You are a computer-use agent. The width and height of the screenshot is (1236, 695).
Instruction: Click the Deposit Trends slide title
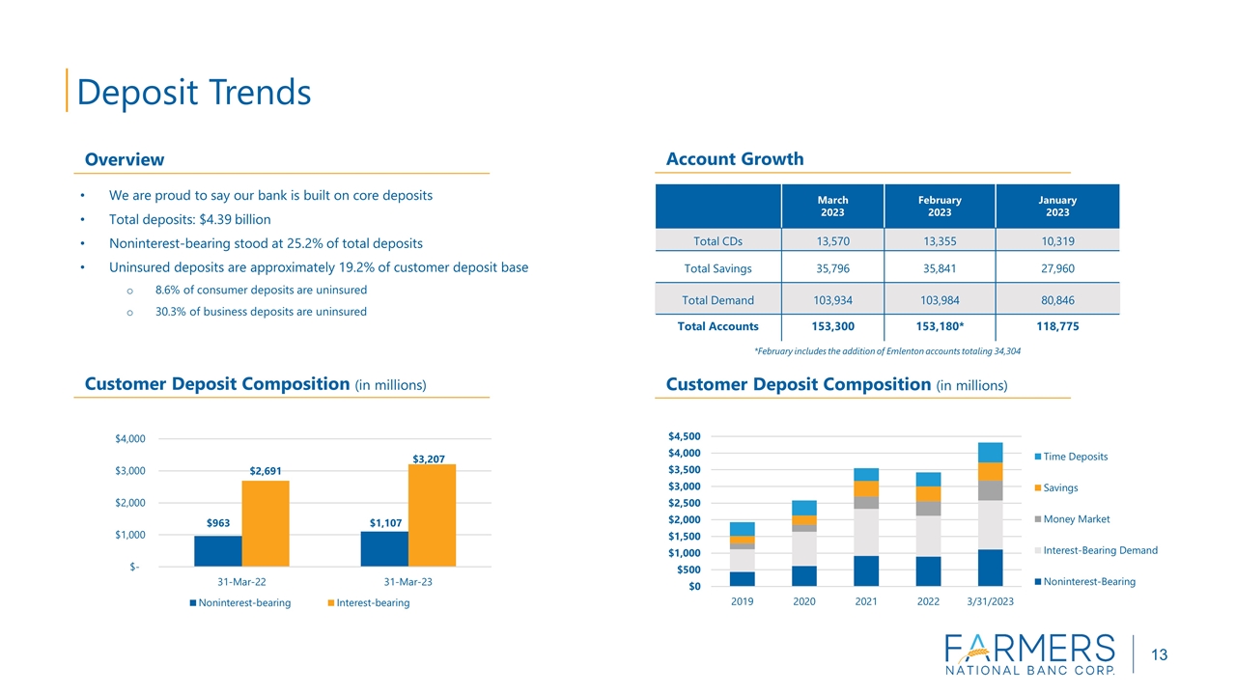[x=193, y=93]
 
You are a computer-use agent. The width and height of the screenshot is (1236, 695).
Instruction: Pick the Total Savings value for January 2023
[x=1056, y=268]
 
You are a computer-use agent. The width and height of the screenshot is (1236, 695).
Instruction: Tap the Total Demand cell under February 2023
[x=940, y=300]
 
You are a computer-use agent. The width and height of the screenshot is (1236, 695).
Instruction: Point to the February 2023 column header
[x=940, y=207]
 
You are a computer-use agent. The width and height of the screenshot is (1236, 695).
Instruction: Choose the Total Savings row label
[x=717, y=268]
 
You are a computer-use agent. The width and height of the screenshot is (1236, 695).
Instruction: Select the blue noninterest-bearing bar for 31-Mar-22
[x=218, y=551]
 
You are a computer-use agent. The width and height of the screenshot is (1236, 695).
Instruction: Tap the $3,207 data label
[x=429, y=458]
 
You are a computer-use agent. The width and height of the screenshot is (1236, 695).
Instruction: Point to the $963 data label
[x=218, y=523]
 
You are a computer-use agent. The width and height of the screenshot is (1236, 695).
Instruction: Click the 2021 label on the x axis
[x=866, y=601]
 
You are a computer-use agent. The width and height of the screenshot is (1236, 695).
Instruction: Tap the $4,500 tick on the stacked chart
[x=684, y=437]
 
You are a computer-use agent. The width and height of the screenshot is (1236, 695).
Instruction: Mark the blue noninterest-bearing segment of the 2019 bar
[x=743, y=578]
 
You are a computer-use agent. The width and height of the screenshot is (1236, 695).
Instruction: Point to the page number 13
[x=1159, y=655]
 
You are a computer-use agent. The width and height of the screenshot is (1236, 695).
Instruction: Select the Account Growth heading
[x=735, y=159]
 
